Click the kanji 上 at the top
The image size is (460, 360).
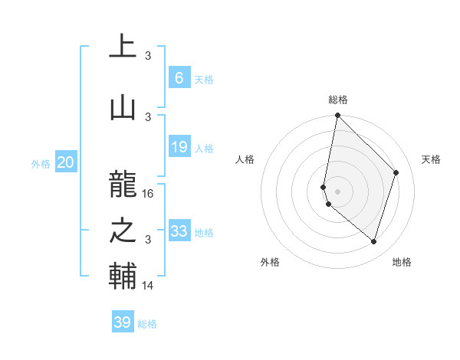[x=122, y=47]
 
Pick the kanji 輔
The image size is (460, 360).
[x=122, y=276]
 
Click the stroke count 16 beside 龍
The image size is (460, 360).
[x=149, y=194]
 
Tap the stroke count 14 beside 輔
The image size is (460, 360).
[x=149, y=286]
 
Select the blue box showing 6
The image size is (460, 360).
[x=179, y=78]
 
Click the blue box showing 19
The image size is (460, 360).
[x=179, y=147]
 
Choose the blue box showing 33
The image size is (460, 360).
[x=179, y=231]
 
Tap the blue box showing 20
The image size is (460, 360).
[x=66, y=162]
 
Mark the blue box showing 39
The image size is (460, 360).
[x=122, y=322]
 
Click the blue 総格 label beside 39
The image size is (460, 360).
[x=147, y=324]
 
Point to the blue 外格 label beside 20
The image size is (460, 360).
[x=41, y=163]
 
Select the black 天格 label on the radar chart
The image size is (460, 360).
[x=431, y=159]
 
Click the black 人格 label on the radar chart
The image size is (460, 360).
[x=245, y=159]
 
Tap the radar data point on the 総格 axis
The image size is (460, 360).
[x=337, y=116]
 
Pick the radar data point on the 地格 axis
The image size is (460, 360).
[x=373, y=242]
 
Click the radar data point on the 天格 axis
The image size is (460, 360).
[x=396, y=172]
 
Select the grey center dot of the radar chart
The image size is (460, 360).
[x=337, y=191]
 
